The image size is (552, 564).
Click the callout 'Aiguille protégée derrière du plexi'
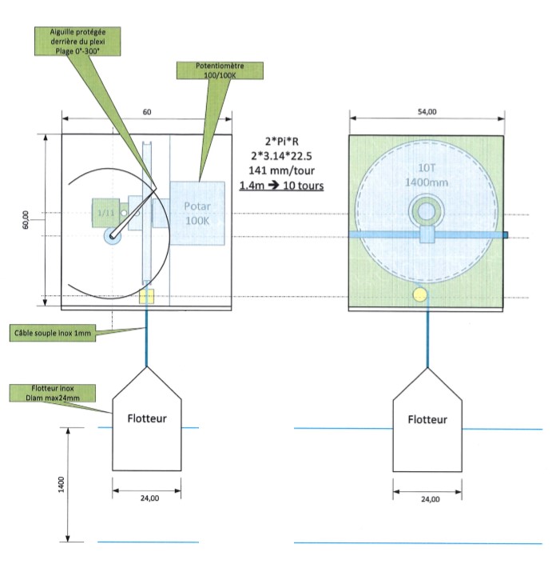pyautogui.click(x=77, y=42)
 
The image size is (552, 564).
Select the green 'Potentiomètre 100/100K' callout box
pyautogui.click(x=220, y=70)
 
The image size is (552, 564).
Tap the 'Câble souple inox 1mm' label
pyautogui.click(x=53, y=333)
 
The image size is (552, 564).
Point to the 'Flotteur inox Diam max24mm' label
pyautogui.click(x=53, y=393)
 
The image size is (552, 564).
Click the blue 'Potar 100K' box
pyautogui.click(x=197, y=214)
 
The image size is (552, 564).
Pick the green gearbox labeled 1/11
pyautogui.click(x=105, y=213)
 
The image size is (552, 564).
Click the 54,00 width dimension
pyautogui.click(x=427, y=112)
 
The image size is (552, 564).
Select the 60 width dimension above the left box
pyautogui.click(x=147, y=112)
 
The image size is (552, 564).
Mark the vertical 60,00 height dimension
pyautogui.click(x=25, y=220)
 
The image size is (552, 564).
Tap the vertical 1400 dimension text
pyautogui.click(x=61, y=485)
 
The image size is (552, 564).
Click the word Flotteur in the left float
pyautogui.click(x=147, y=418)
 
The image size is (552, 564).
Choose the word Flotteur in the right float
pyautogui.click(x=427, y=419)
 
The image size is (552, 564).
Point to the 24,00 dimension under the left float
pyautogui.click(x=149, y=498)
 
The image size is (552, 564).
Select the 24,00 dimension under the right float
pyautogui.click(x=431, y=499)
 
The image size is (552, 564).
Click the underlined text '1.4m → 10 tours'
pyautogui.click(x=281, y=186)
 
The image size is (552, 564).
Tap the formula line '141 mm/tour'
pyautogui.click(x=281, y=170)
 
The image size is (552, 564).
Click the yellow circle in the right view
pyautogui.click(x=420, y=294)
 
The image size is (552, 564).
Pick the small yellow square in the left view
pyautogui.click(x=146, y=296)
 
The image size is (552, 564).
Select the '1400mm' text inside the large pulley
pyautogui.click(x=427, y=182)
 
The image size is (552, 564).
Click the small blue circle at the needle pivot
pyautogui.click(x=113, y=236)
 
